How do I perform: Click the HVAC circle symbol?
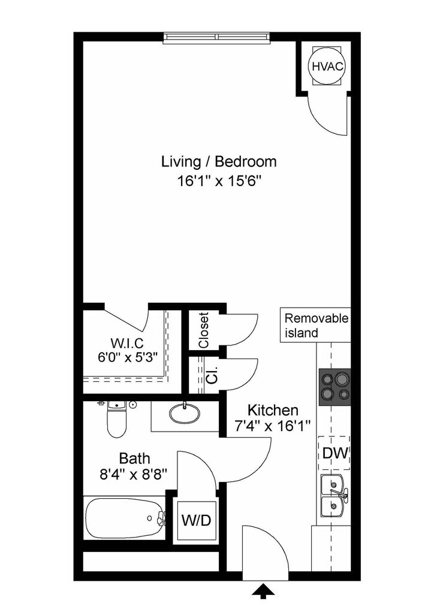pos(327,66)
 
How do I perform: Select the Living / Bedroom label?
pos(219,162)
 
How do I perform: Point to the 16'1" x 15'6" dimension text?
pos(219,181)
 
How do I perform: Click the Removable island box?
pos(315,325)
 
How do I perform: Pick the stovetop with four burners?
pos(334,387)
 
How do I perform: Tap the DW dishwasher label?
pos(335,453)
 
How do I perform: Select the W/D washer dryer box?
pos(197,520)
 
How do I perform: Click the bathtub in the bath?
pos(125,518)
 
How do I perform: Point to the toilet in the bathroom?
pos(117,418)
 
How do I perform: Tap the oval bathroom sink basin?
pos(184,413)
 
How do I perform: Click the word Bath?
pos(134,458)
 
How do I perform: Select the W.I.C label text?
pos(127,343)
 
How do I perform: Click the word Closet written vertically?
pos(203,330)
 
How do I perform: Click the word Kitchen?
pos(273,410)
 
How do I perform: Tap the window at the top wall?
pos(217,37)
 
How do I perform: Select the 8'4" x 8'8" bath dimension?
pos(134,475)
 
